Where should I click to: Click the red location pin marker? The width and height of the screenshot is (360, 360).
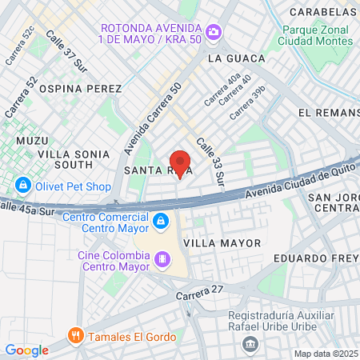[181, 162]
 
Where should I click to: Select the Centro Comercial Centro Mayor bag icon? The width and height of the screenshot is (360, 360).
[160, 219]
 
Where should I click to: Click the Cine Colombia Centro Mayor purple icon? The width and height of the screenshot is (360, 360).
[162, 258]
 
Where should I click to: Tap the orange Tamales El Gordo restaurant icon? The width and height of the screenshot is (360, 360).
[76, 335]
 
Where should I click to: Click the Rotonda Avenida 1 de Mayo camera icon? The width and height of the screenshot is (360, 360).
[214, 32]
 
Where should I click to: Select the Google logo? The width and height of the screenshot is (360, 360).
[26, 350]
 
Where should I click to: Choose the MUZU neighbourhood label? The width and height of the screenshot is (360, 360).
[32, 140]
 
